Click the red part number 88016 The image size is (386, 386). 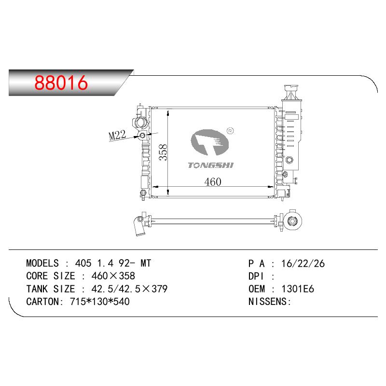tap(61, 83)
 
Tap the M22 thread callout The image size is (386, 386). tap(117, 135)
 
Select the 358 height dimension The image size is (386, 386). tap(163, 152)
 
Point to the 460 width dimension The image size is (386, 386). tap(213, 182)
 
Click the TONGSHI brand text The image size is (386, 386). tap(210, 165)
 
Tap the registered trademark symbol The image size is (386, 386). tap(230, 131)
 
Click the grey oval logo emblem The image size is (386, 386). tap(210, 142)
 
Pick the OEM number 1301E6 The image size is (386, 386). tap(298, 289)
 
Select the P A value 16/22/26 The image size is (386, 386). tap(303, 263)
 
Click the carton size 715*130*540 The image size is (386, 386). tap(100, 302)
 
